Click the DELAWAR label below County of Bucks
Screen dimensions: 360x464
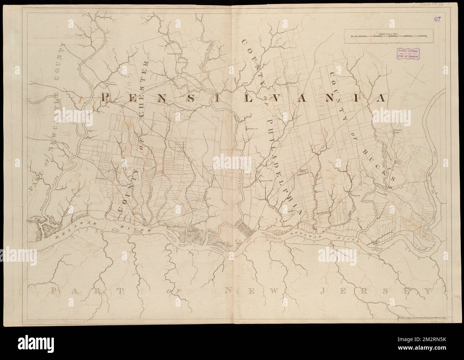(303, 234)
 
